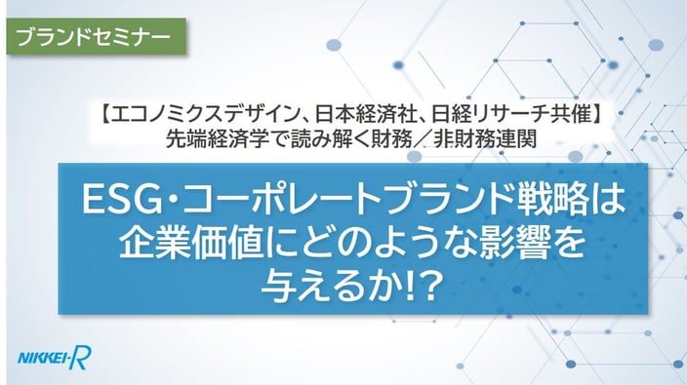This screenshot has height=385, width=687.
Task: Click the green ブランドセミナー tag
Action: click(96, 36)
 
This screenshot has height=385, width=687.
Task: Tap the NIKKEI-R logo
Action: click(55, 358)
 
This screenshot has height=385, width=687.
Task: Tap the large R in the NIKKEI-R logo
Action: click(82, 358)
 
